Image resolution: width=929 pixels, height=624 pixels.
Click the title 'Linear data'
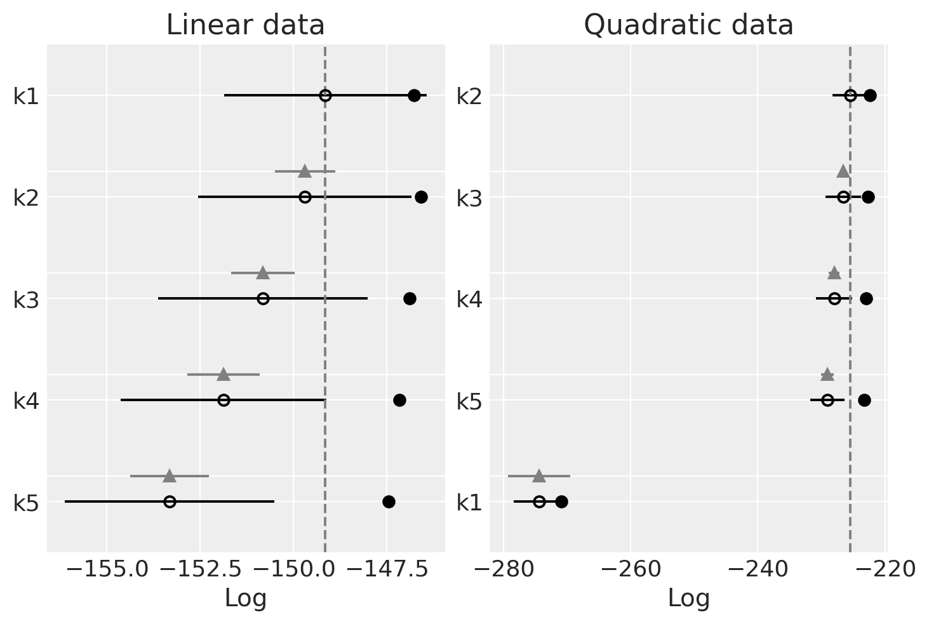(x=245, y=25)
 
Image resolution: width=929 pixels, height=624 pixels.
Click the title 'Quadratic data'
(x=688, y=25)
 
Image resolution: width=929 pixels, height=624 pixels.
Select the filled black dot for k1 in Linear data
(x=414, y=96)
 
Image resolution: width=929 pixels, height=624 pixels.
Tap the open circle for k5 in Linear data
(x=170, y=501)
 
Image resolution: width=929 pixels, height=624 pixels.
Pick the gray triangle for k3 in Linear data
(x=263, y=273)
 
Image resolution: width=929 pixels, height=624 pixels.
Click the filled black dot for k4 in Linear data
(x=399, y=400)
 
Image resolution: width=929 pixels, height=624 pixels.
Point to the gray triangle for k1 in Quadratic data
(x=538, y=475)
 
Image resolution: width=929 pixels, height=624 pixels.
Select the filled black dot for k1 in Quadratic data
(x=561, y=502)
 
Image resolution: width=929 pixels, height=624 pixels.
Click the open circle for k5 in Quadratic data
(x=827, y=400)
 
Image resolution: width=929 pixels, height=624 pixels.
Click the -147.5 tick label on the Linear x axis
(x=387, y=569)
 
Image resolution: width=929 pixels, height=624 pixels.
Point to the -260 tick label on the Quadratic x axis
(x=631, y=569)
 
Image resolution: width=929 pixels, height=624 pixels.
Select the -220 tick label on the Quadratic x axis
(x=885, y=569)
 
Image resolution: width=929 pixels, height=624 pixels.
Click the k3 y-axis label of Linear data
(x=26, y=299)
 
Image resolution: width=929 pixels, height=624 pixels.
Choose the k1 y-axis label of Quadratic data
(x=469, y=502)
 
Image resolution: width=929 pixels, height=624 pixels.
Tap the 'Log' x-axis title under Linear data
(x=245, y=598)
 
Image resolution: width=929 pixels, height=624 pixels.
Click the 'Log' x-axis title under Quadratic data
(x=688, y=598)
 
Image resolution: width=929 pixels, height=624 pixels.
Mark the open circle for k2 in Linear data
(x=305, y=197)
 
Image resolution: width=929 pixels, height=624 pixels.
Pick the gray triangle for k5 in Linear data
(x=170, y=475)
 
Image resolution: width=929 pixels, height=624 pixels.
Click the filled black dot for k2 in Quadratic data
(x=870, y=96)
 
